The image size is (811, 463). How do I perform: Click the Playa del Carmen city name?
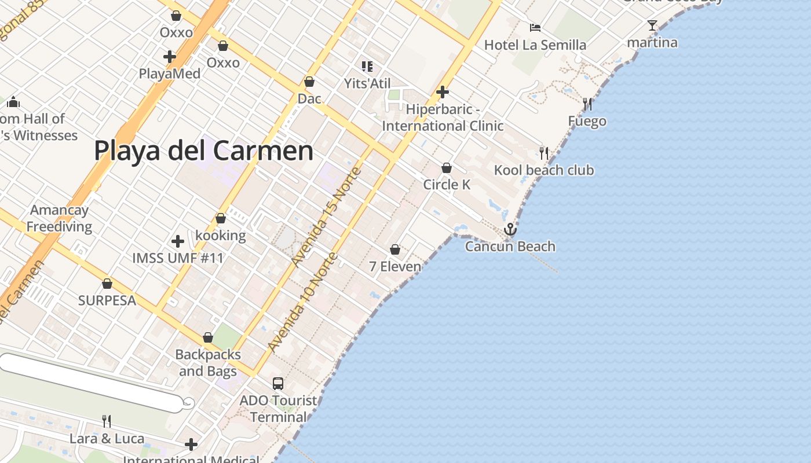tap(203, 151)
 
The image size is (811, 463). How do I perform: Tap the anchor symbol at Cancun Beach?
tap(510, 229)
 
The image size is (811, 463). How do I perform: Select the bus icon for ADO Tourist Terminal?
tap(278, 383)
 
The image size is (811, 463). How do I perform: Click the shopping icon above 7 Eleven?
tap(395, 249)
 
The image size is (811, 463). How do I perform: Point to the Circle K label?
tap(447, 185)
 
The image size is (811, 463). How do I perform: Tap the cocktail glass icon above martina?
tap(652, 25)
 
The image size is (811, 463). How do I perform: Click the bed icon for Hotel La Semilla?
tap(535, 28)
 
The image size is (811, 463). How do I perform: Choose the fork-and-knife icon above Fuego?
tap(587, 104)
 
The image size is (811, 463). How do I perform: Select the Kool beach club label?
tap(543, 170)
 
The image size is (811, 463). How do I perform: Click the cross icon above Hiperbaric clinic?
tap(443, 92)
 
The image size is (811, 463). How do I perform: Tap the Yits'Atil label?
tap(367, 83)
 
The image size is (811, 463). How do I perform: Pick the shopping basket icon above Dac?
tap(309, 82)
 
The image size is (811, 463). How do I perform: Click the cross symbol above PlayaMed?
tap(170, 57)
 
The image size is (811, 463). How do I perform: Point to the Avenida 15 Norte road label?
tap(327, 217)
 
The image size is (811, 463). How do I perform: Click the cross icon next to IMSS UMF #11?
tap(178, 241)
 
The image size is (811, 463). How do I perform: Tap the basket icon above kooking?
tap(220, 219)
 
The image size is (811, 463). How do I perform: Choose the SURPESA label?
tap(107, 300)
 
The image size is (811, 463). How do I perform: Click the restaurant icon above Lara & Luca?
tap(107, 421)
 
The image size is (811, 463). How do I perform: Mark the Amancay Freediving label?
tap(59, 218)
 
